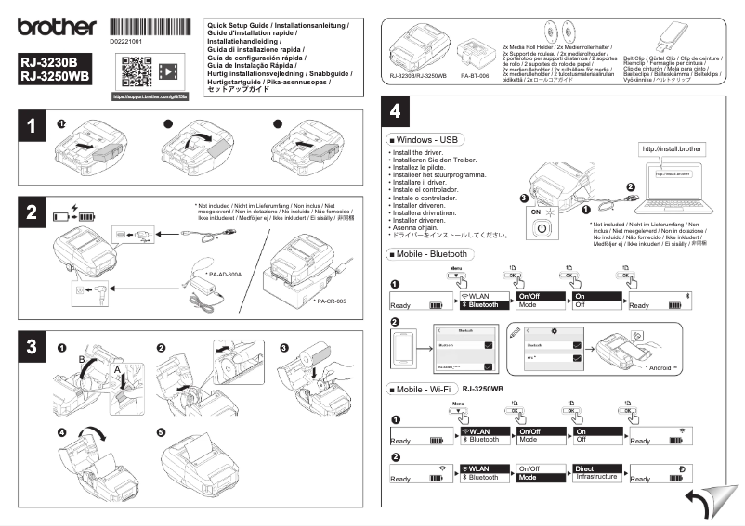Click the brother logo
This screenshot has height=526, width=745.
(55, 27)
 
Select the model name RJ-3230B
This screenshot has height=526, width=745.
(49, 63)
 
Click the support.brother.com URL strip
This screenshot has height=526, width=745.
(150, 96)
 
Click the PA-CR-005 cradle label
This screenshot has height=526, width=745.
(330, 301)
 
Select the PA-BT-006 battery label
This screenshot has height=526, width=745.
(475, 75)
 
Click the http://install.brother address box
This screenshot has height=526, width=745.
(673, 148)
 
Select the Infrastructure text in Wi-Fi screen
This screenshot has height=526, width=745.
(596, 477)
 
